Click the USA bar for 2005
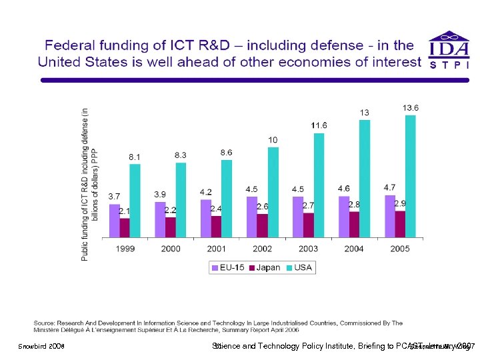point(410,177)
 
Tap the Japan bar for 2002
point(262,225)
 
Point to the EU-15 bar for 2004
point(344,217)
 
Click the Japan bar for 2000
point(171,227)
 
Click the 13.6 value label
point(411,107)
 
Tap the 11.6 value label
point(319,125)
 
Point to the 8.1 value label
point(135,157)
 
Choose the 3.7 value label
point(114,196)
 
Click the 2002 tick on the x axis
point(262,249)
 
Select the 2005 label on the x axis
point(400,249)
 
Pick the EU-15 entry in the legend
point(228,267)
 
